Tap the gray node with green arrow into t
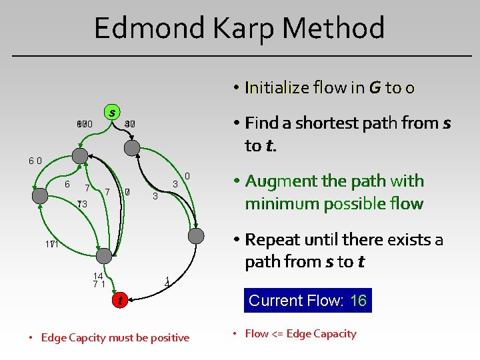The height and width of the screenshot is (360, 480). pyautogui.click(x=196, y=235)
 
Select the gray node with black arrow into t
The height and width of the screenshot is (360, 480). pyautogui.click(x=104, y=255)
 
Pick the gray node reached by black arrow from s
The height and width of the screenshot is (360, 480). pyautogui.click(x=133, y=147)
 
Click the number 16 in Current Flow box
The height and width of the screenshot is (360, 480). pyautogui.click(x=358, y=301)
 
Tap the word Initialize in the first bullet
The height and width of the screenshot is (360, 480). pyautogui.click(x=277, y=87)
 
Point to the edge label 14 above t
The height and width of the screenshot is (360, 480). pyautogui.click(x=98, y=276)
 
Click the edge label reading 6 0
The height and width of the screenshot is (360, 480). pyautogui.click(x=35, y=161)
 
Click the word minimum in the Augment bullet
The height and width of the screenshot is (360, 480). pyautogui.click(x=277, y=203)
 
